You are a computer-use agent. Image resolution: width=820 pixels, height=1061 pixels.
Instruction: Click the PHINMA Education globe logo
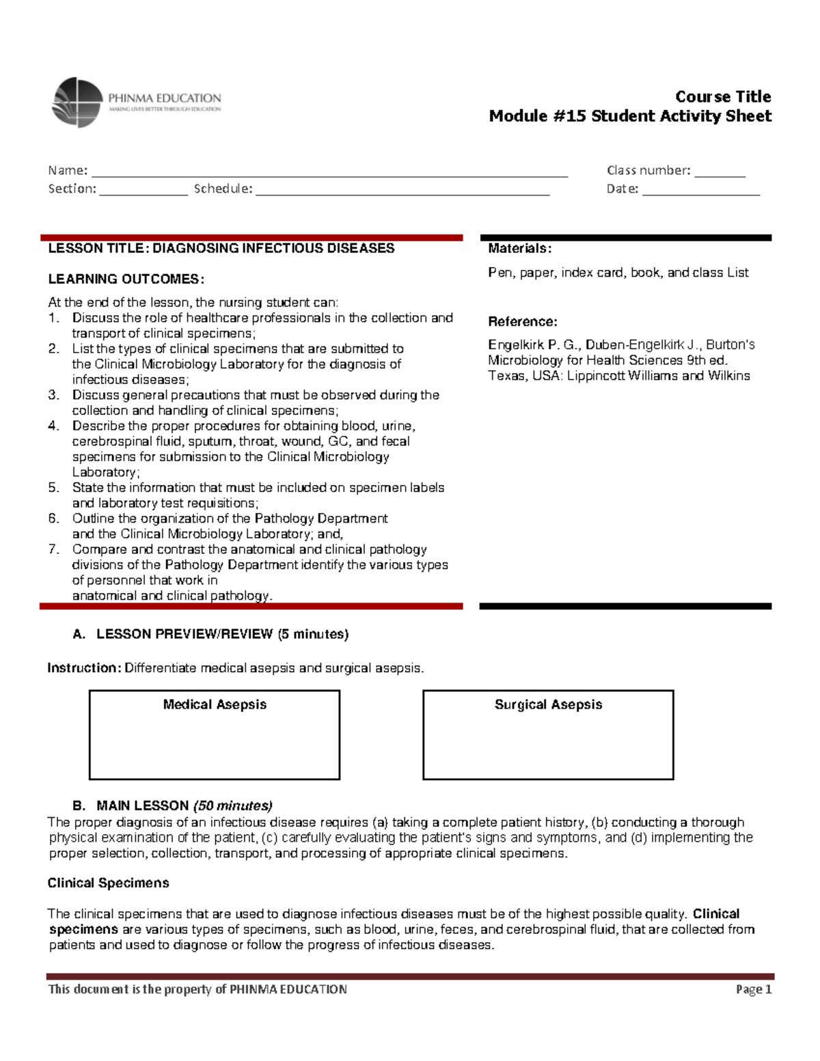77,102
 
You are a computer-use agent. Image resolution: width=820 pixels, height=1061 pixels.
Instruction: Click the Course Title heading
723,96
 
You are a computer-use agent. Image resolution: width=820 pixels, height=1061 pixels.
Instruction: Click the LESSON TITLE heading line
221,248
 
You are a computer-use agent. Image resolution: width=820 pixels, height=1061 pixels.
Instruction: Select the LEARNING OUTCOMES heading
126,279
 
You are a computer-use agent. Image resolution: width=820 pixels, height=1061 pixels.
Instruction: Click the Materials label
519,249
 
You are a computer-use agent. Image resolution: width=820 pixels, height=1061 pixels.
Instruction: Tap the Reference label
522,322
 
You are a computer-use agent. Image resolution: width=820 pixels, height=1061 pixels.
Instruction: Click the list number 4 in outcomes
54,426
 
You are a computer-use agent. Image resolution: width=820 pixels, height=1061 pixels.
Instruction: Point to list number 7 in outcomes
54,549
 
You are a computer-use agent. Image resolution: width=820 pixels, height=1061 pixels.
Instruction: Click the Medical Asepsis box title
215,704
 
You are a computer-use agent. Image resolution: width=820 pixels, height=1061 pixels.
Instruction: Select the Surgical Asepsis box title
548,704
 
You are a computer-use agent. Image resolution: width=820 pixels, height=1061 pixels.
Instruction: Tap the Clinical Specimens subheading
108,883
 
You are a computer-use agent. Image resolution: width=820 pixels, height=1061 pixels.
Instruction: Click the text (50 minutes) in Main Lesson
232,805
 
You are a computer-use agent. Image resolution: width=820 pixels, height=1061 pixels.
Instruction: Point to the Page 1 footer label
753,989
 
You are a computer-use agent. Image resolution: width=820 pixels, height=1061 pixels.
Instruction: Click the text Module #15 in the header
537,116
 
